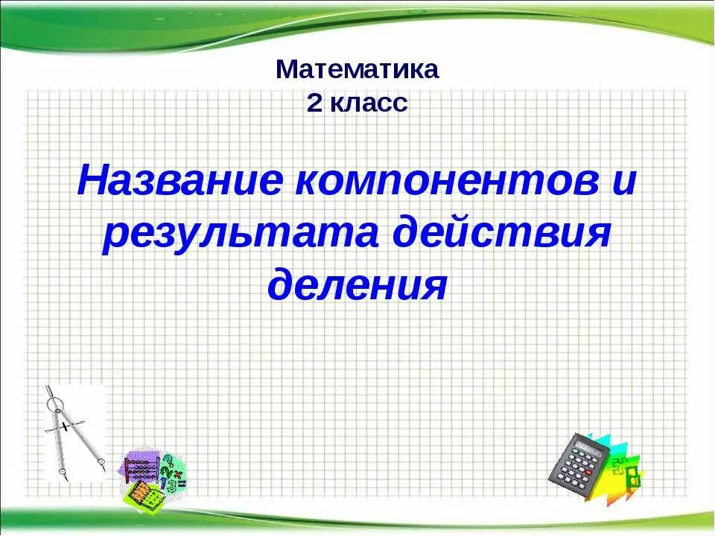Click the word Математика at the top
[357, 70]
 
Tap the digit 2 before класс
[314, 103]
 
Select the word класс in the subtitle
[369, 103]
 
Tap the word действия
[506, 234]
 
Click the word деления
[357, 284]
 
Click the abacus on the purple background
[142, 469]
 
